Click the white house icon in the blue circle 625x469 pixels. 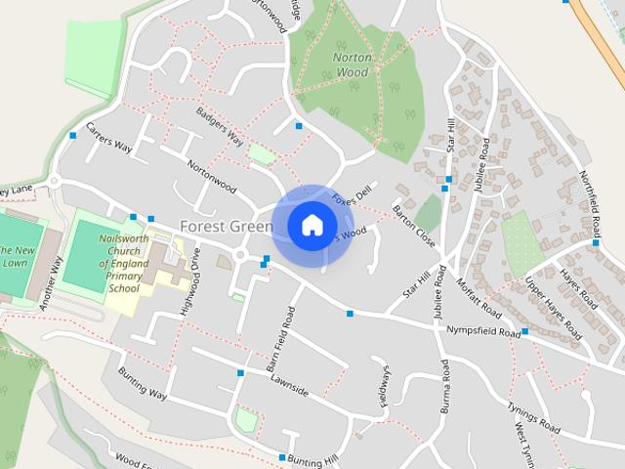tap(312, 226)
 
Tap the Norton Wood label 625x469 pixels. tap(352, 64)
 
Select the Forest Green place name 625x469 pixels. tap(226, 227)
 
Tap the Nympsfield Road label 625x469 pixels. tap(482, 332)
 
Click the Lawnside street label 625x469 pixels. tap(289, 385)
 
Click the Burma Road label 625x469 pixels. tap(445, 386)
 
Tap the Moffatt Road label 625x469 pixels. tap(479, 298)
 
